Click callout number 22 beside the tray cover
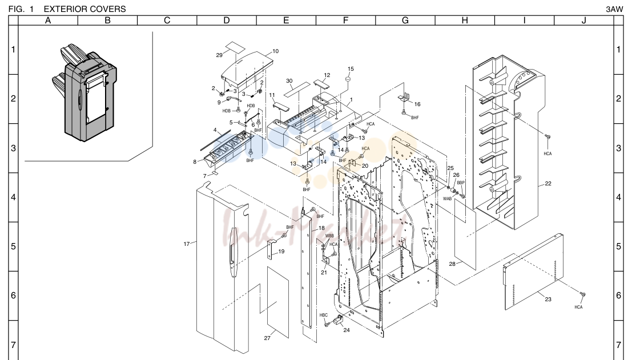pyautogui.click(x=548, y=184)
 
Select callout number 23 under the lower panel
pyautogui.click(x=548, y=299)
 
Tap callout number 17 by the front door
pyautogui.click(x=187, y=244)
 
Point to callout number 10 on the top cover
pyautogui.click(x=275, y=51)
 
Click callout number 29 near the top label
pyautogui.click(x=219, y=55)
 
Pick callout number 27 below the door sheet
pyautogui.click(x=267, y=338)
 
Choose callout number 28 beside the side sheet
pyautogui.click(x=452, y=264)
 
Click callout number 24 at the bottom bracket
pyautogui.click(x=347, y=330)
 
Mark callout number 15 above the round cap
pyautogui.click(x=351, y=69)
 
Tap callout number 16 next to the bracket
pyautogui.click(x=417, y=104)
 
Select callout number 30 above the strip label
pyautogui.click(x=289, y=81)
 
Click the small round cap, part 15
pyautogui.click(x=346, y=80)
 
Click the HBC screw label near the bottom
pyautogui.click(x=324, y=315)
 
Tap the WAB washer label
pyautogui.click(x=448, y=199)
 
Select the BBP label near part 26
pyautogui.click(x=461, y=183)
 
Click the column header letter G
pyautogui.click(x=405, y=21)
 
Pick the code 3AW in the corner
pyautogui.click(x=614, y=9)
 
